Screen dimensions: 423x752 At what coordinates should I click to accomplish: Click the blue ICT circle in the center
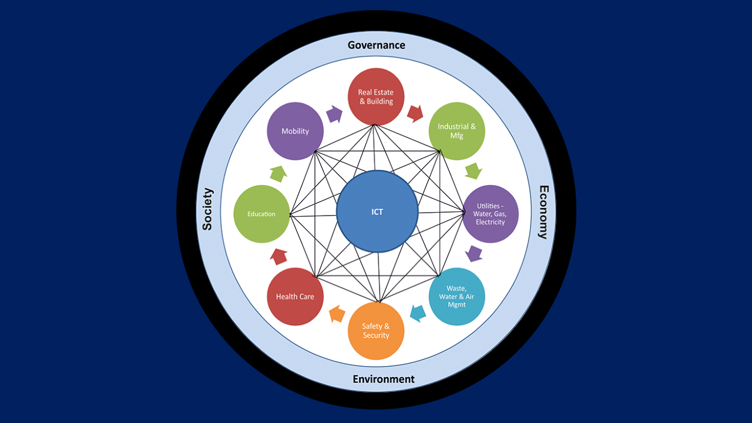click(377, 211)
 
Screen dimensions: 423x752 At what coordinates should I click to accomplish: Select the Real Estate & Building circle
click(376, 96)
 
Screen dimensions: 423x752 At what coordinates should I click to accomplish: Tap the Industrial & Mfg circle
click(456, 131)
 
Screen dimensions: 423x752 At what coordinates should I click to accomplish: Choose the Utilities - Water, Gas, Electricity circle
click(491, 214)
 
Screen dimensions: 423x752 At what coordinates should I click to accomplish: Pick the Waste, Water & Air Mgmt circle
click(456, 296)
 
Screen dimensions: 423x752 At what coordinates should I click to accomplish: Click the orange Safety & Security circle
click(376, 331)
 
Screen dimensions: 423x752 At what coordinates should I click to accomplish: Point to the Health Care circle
click(295, 296)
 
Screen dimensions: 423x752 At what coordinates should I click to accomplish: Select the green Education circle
click(261, 214)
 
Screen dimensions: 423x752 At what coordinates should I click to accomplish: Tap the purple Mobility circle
click(295, 131)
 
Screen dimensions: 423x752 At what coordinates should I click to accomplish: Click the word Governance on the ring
click(376, 45)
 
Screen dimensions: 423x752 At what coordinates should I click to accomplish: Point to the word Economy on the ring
click(543, 212)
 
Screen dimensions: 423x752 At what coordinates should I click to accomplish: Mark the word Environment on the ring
click(384, 379)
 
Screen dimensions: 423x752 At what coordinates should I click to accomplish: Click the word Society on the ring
click(207, 209)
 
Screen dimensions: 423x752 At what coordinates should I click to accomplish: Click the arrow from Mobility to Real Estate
click(334, 113)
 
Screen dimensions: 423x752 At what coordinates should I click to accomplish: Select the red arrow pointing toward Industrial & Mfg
click(415, 113)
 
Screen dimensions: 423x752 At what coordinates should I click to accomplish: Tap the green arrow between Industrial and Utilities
click(473, 172)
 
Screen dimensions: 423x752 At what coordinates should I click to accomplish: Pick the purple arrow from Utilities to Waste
click(474, 254)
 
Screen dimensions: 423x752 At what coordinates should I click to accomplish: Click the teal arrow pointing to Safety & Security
click(417, 314)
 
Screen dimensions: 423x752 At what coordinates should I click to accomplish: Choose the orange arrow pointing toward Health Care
click(337, 314)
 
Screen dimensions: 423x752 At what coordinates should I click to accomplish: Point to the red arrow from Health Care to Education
click(278, 256)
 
